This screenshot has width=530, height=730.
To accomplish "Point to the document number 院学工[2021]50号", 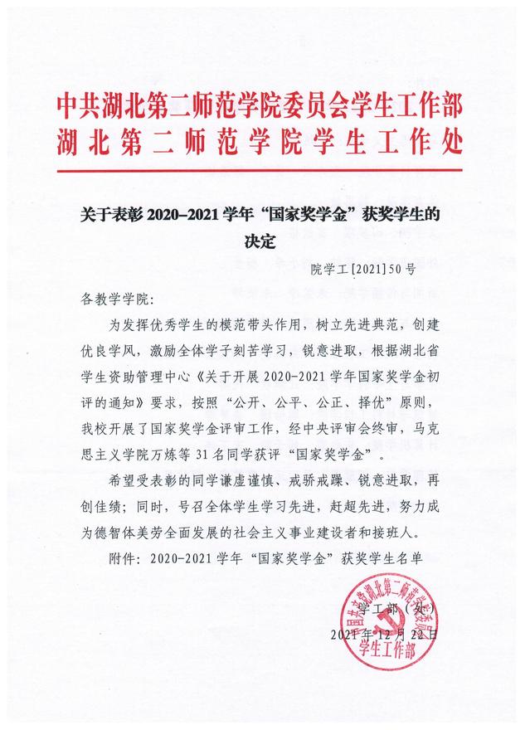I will tap(358, 269).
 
